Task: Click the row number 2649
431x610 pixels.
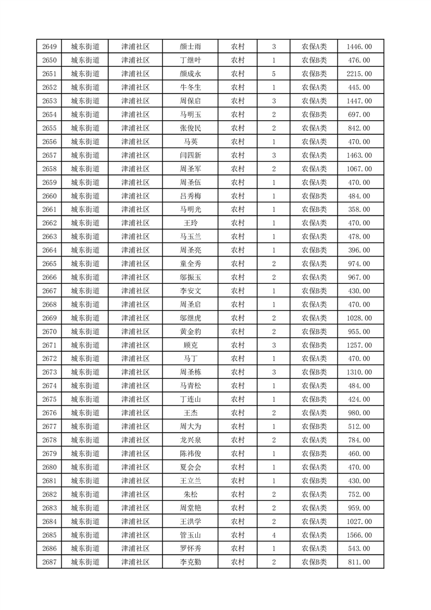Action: [49, 47]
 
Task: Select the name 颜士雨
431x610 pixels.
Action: [190, 47]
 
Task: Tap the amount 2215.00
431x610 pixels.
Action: [359, 74]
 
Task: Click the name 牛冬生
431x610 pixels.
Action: [190, 88]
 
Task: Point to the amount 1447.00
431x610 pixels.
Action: [359, 101]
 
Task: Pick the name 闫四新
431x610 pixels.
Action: [190, 155]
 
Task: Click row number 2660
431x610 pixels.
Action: [49, 196]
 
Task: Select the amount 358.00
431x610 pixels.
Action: [359, 209]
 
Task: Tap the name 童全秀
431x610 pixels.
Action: [190, 264]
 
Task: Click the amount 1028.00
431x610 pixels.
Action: [359, 318]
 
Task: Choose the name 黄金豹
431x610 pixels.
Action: [190, 332]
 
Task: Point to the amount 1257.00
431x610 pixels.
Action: [359, 345]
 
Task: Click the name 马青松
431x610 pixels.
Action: [190, 385]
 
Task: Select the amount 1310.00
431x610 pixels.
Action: [359, 372]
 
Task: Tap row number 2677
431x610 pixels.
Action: [49, 426]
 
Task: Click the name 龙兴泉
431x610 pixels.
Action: [190, 440]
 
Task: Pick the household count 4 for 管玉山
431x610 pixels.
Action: [273, 535]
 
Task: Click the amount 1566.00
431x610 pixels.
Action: [359, 535]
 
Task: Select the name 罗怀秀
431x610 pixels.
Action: [190, 549]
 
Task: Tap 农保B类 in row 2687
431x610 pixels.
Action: [314, 562]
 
